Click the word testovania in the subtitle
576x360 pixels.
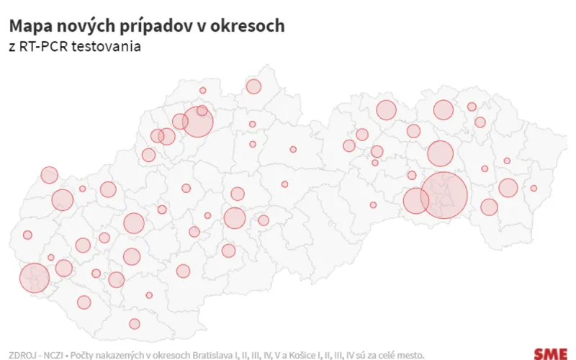coord(100,47)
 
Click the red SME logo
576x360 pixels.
coord(551,354)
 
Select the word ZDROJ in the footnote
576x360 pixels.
coord(21,354)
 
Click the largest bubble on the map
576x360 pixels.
coord(444,195)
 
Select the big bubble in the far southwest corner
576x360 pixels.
coord(34,278)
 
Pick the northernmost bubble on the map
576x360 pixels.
coord(253,86)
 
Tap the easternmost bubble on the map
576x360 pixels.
coord(534,188)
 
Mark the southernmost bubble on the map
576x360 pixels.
coord(134,323)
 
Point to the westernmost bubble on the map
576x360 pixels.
coord(27,235)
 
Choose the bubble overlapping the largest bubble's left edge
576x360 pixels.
coord(415,200)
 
